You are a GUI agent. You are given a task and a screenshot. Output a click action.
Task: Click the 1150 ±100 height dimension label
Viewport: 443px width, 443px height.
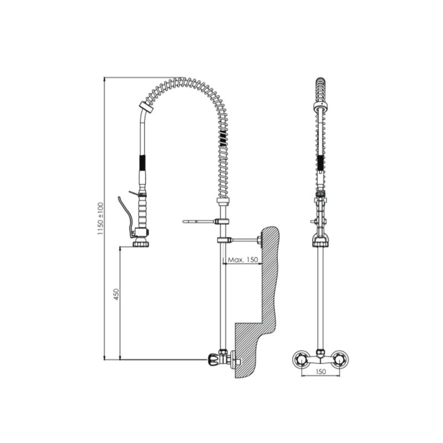point(100,219)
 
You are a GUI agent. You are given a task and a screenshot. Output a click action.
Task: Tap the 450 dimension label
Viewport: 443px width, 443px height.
point(116,294)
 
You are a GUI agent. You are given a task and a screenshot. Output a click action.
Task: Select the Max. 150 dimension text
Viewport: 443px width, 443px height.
point(243,260)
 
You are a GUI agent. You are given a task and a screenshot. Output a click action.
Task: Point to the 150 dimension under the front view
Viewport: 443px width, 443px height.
point(321,371)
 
